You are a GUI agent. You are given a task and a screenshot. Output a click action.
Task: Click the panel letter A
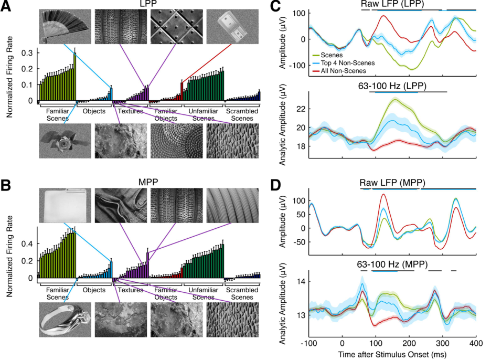click(x=6, y=6)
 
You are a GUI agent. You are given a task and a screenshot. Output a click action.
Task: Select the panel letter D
click(x=275, y=185)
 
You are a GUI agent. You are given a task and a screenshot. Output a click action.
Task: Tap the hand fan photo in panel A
click(x=65, y=26)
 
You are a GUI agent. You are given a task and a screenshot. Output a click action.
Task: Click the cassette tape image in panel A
click(x=232, y=26)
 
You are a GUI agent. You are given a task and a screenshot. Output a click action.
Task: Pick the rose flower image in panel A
click(x=65, y=141)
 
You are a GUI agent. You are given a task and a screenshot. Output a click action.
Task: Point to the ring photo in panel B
click(x=65, y=320)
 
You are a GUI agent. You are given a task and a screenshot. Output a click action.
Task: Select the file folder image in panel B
click(x=65, y=206)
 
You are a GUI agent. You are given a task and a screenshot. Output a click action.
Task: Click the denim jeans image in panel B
click(x=121, y=206)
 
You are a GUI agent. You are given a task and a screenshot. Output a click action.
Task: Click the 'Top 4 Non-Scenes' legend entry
click(x=344, y=63)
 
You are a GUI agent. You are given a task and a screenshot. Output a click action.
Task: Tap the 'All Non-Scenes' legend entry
click(x=339, y=71)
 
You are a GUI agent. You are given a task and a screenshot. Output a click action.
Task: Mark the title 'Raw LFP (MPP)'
click(x=392, y=183)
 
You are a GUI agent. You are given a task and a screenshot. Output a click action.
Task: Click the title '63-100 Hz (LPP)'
click(x=392, y=86)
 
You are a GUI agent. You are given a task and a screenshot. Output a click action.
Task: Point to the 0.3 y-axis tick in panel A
click(x=27, y=53)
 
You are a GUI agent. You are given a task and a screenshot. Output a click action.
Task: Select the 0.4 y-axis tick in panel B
click(x=27, y=243)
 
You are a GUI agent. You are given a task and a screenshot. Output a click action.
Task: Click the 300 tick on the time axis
click(x=442, y=343)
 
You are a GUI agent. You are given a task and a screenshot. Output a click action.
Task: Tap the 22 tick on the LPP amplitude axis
click(x=301, y=109)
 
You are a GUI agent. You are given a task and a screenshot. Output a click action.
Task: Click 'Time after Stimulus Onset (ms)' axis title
click(x=392, y=355)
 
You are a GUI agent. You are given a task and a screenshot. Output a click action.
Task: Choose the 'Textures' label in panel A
click(x=130, y=111)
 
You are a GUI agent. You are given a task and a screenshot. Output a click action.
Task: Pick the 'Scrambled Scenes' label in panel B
click(x=242, y=293)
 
